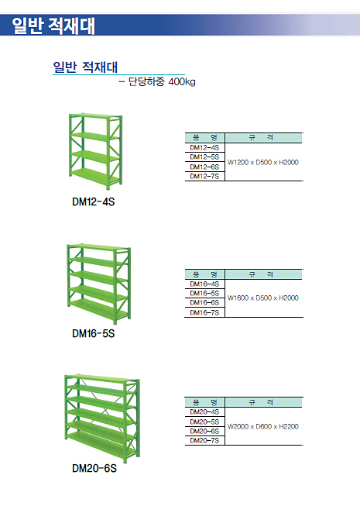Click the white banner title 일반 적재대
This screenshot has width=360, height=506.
tap(53, 26)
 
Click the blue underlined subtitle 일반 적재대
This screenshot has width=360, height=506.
tap(85, 67)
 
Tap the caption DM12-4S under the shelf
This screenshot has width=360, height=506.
tap(93, 201)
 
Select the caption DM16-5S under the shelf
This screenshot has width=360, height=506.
tap(93, 333)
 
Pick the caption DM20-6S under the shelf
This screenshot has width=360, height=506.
tap(94, 468)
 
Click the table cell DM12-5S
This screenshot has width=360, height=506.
tap(204, 157)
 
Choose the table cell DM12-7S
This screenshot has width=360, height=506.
tap(204, 176)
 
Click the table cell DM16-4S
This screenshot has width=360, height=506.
tap(204, 284)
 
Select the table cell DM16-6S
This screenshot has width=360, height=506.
tap(204, 303)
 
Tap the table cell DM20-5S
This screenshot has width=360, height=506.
tap(204, 422)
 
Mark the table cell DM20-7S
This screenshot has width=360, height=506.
tap(204, 440)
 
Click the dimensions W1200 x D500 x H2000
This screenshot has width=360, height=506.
tap(263, 162)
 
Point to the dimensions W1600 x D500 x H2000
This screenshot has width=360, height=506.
tap(263, 298)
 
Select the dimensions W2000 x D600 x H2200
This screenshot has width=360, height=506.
tap(263, 427)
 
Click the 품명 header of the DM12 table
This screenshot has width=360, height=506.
tap(204, 138)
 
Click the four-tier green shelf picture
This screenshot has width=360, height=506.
tap(95, 151)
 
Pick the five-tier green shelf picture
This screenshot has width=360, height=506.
tap(98, 284)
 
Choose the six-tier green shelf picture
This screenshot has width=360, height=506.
tap(102, 418)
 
